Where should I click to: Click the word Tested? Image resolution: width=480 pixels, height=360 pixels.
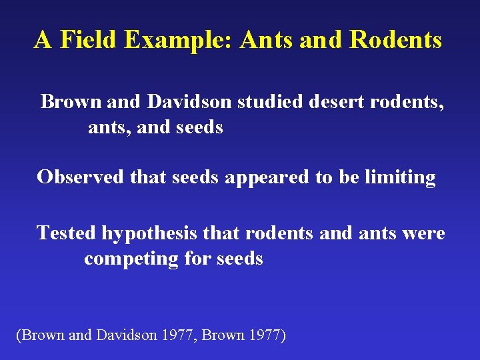point(67,233)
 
